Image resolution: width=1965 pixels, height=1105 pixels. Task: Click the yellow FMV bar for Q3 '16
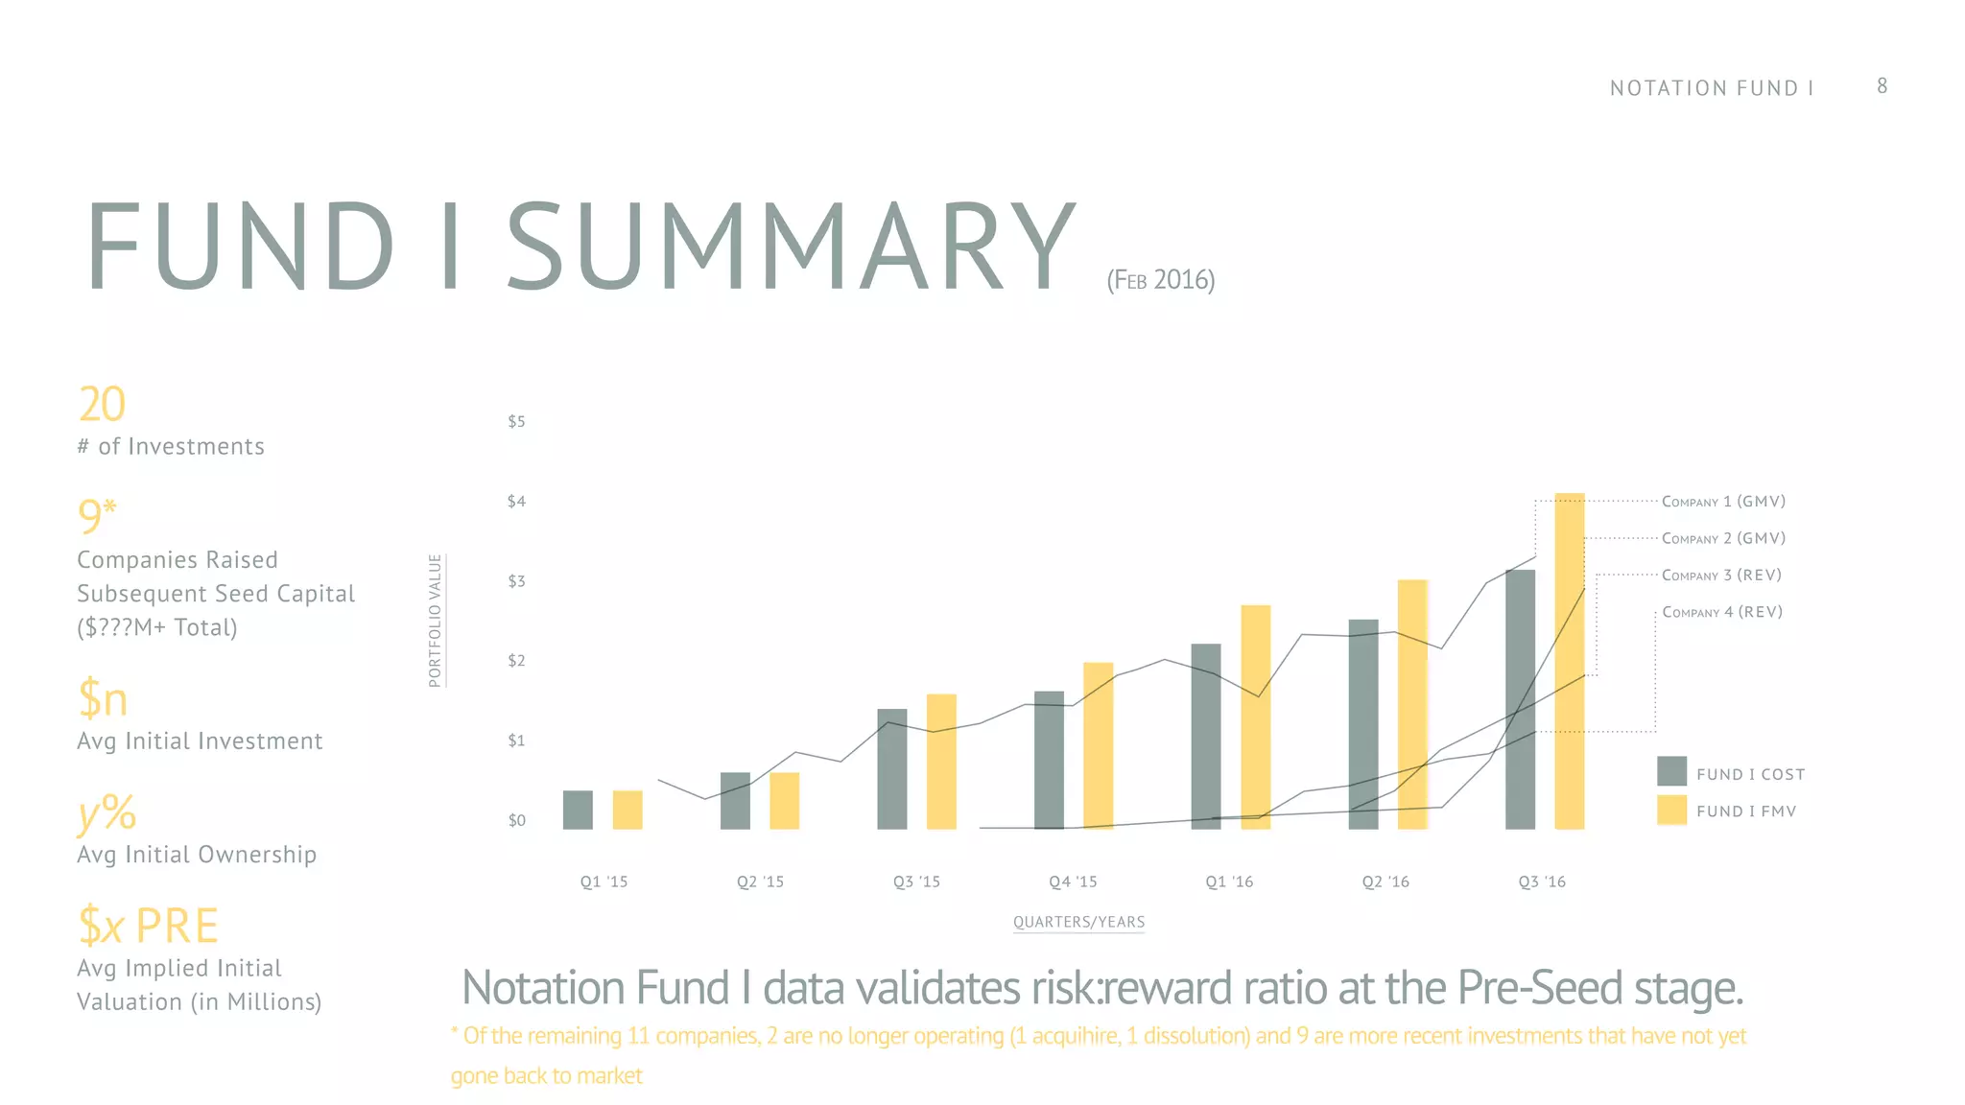tap(1569, 662)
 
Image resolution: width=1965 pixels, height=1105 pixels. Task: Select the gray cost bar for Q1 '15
tap(578, 810)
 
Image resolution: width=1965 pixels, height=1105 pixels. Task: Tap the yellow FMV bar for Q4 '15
tap(1098, 745)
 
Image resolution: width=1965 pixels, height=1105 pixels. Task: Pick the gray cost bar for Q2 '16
tap(1363, 724)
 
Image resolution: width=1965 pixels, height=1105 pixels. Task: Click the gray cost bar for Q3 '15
tap(892, 768)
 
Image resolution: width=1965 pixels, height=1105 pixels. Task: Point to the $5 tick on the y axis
tap(516, 421)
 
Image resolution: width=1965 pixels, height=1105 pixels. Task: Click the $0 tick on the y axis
tap(516, 820)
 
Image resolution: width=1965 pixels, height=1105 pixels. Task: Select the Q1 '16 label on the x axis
tap(1229, 882)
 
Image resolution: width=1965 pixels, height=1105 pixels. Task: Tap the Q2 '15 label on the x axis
tap(760, 882)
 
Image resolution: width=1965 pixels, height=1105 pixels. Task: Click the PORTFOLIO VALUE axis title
tap(436, 621)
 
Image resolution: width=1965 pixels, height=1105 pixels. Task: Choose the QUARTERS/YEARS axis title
tap(1079, 922)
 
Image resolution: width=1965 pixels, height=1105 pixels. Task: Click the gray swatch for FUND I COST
tap(1671, 771)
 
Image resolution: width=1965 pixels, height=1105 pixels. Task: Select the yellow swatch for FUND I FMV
tap(1671, 810)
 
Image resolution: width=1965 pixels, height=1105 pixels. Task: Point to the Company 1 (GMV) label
tap(1723, 502)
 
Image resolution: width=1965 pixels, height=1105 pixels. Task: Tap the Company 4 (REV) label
tap(1722, 612)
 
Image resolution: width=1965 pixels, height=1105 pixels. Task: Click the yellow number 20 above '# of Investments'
tap(102, 405)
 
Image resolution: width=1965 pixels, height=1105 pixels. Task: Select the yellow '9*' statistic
tap(97, 515)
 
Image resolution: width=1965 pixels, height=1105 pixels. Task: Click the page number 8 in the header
tap(1882, 86)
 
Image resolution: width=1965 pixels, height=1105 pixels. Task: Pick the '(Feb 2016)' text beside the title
tap(1161, 280)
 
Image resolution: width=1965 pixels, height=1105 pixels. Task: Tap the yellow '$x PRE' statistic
tap(149, 926)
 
